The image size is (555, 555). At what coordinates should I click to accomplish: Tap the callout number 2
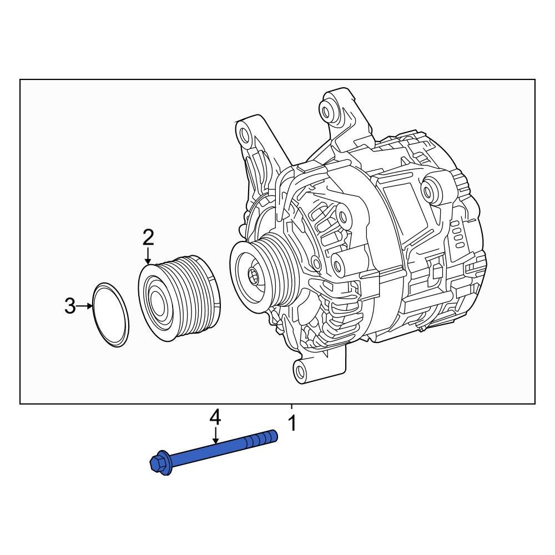tap(148, 237)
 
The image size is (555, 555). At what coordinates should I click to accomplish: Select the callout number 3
tap(69, 305)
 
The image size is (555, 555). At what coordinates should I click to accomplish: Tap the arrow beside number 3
tap(85, 305)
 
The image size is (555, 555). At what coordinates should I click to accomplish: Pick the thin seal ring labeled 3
tap(110, 315)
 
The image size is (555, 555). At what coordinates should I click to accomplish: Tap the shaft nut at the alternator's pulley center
tap(253, 274)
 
